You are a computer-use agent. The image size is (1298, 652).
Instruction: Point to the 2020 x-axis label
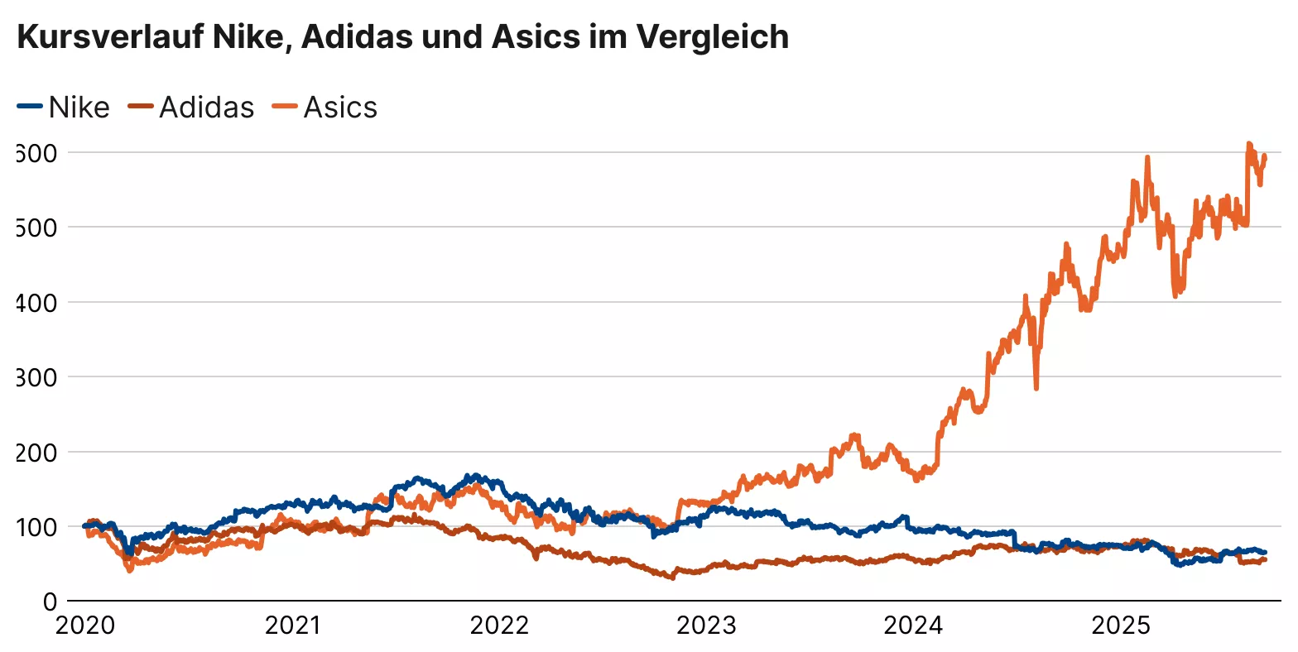click(x=85, y=626)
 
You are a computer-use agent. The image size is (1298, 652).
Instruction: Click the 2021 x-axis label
click(x=292, y=626)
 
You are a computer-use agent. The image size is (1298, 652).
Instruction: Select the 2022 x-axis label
click(x=499, y=626)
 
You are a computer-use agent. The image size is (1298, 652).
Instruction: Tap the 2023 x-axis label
click(x=706, y=626)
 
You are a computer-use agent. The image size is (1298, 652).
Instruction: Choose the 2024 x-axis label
click(x=913, y=626)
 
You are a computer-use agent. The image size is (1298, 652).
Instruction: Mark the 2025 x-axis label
click(x=1121, y=626)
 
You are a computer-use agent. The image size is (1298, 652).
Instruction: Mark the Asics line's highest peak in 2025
click(x=1249, y=144)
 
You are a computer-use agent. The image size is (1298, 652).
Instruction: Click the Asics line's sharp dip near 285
click(x=1036, y=387)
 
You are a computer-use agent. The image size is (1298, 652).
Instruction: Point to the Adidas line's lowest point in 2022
click(x=672, y=578)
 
